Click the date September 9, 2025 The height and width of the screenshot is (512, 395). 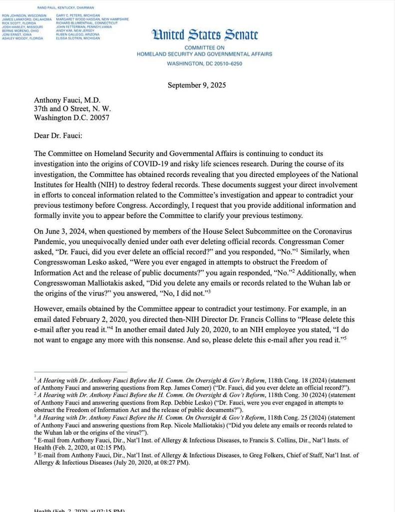pos(197,85)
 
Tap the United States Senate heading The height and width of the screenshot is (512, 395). pos(205,35)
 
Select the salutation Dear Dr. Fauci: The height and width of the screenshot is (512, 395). pos(58,135)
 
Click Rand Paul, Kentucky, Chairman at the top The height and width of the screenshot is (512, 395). pos(65,8)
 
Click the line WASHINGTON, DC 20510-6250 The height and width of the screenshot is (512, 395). pos(205,64)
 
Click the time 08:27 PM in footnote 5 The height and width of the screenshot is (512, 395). pos(168,462)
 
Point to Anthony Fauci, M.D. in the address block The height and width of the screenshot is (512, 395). pos(67,99)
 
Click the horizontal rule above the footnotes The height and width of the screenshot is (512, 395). pos(80,372)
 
